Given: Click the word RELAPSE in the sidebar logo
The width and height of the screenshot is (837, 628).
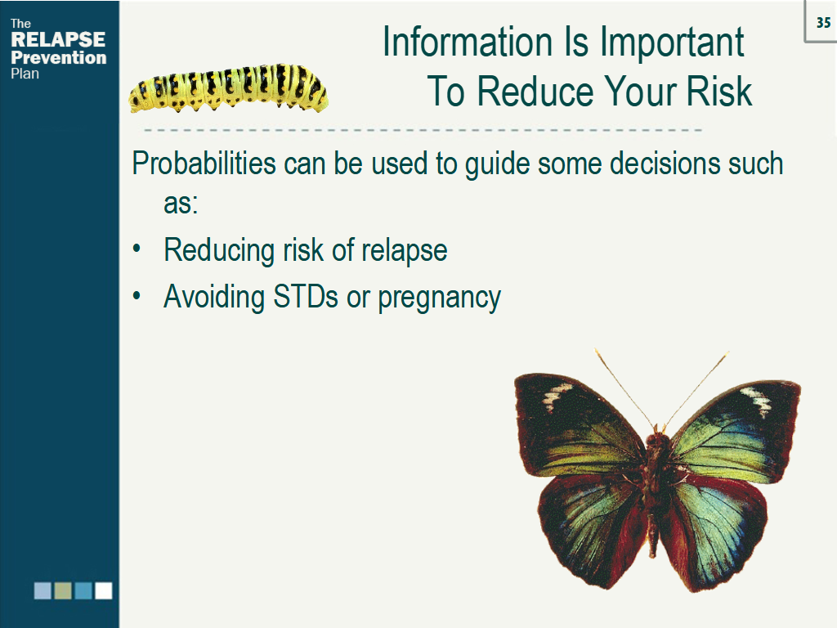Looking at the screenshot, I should [x=58, y=40].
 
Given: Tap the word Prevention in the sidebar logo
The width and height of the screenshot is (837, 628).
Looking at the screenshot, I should [x=58, y=57].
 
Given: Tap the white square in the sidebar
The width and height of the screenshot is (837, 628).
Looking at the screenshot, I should [x=103, y=590].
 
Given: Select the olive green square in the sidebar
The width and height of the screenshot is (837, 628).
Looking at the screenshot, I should [x=63, y=590].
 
